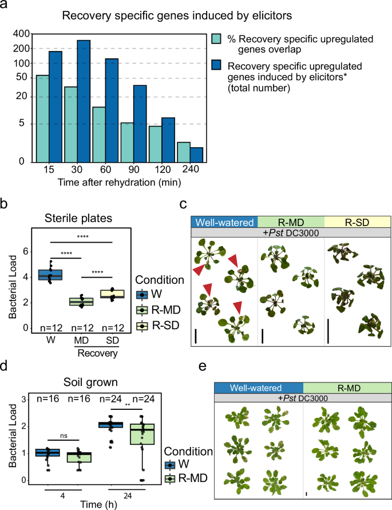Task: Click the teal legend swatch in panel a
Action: point(217,42)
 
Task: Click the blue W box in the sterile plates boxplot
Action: point(50,274)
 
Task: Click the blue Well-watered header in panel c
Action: point(224,222)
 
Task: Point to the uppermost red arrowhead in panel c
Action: point(233,261)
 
